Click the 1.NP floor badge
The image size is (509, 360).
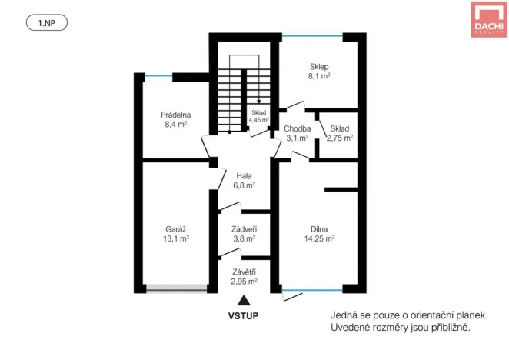(x=47, y=23)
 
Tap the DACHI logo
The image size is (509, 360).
(x=488, y=19)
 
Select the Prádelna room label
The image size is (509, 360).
(x=175, y=115)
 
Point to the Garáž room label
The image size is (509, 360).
(x=176, y=228)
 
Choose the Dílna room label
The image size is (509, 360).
(x=320, y=228)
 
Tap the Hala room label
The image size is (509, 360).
(x=245, y=175)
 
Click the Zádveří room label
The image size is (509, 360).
(x=244, y=228)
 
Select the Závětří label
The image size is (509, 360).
(x=244, y=271)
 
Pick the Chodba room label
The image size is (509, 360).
(x=297, y=128)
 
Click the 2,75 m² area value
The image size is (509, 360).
(x=339, y=138)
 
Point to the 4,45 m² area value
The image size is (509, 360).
(x=259, y=120)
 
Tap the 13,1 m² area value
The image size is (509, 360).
(x=177, y=238)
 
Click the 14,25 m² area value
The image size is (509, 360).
(x=320, y=238)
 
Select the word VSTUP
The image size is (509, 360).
(x=243, y=315)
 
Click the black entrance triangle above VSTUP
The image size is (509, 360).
(x=243, y=301)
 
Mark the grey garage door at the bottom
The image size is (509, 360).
(x=177, y=288)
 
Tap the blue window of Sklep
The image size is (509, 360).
(x=311, y=35)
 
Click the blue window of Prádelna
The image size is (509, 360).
(x=159, y=75)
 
